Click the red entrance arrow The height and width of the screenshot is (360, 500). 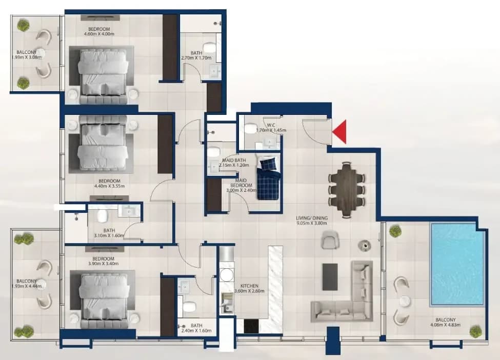point(339,132)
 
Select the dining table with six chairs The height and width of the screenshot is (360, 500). point(347,190)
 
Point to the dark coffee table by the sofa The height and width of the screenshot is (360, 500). point(330,277)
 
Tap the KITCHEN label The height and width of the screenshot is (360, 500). point(249,286)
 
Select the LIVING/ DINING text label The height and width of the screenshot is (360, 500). point(312,218)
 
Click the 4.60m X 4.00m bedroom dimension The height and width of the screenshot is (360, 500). point(99,34)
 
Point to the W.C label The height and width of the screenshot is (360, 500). point(271,125)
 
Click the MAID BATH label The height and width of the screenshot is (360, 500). point(234,161)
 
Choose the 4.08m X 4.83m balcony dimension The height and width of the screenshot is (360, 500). point(445,325)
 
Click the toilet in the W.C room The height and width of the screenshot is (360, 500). point(251,129)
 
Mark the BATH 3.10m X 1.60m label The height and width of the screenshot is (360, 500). point(109,233)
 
